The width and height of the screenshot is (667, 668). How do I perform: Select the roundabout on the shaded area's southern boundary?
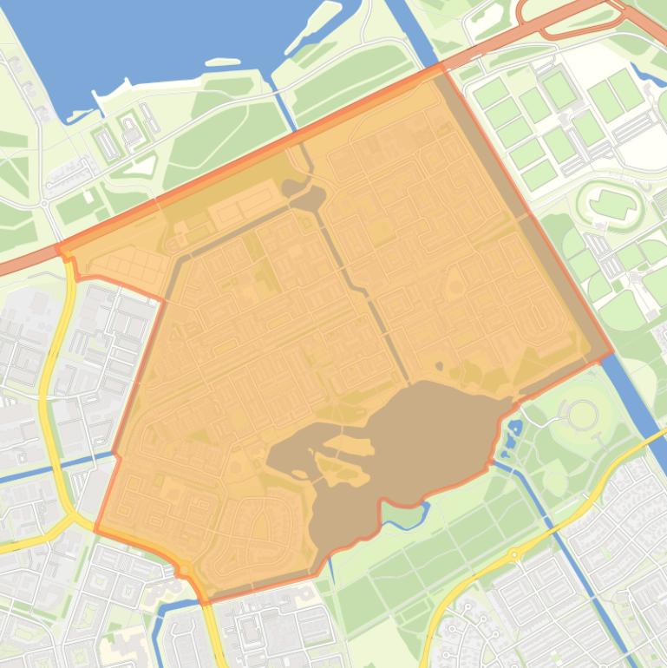[184, 569]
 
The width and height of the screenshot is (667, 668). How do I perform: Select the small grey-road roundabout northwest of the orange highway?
[43, 204]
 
